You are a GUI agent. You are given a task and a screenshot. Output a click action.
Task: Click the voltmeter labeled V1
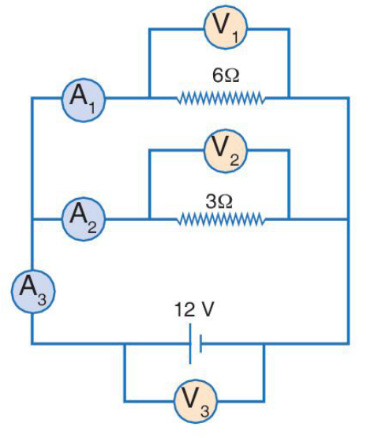pos(226,27)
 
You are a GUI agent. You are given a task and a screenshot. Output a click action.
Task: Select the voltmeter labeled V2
pos(226,151)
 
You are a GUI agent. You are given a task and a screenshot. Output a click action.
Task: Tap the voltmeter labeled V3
pos(196,401)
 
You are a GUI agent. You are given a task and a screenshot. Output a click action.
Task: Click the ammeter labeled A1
pos(84,100)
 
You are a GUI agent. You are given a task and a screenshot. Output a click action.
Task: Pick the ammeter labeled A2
pos(84,219)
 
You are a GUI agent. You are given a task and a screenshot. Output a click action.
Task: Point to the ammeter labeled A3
pos(33,291)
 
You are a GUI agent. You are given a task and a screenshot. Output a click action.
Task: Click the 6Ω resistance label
pos(226,76)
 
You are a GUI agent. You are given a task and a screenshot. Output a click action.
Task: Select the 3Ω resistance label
pos(219,202)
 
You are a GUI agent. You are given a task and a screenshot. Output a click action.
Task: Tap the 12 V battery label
pos(194,309)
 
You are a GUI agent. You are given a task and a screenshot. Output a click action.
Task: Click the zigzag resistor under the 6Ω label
pos(221,98)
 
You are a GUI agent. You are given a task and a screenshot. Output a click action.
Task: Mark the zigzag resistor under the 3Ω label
pos(221,219)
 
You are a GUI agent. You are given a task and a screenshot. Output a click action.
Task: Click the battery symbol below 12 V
pos(196,343)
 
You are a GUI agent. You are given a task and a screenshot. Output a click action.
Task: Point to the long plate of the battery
pos(190,343)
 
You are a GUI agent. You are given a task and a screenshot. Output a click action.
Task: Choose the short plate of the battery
pos(200,343)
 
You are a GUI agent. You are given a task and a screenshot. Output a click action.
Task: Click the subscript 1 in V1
pos(235,36)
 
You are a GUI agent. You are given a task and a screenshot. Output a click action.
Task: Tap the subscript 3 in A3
pos(42,300)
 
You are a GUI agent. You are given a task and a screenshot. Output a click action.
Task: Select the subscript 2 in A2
pos(92,227)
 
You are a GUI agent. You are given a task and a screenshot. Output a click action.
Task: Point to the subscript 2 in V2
pos(234,160)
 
